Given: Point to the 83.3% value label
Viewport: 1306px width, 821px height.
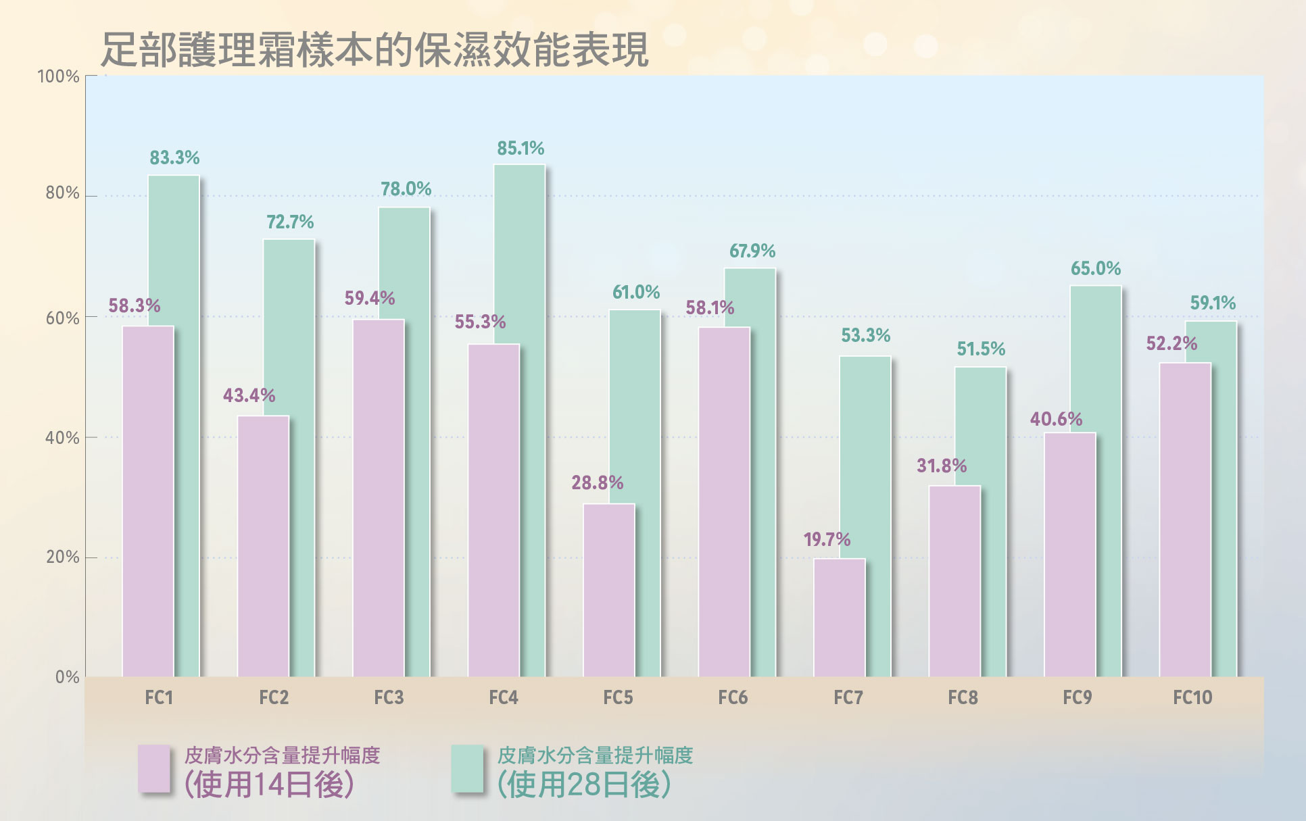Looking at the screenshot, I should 174,158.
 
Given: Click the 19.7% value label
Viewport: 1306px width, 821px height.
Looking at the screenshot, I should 826,539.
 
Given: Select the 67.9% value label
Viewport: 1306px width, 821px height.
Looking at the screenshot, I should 752,251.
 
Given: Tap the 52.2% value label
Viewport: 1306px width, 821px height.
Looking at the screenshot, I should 1171,344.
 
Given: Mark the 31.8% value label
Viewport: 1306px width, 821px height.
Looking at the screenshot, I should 941,466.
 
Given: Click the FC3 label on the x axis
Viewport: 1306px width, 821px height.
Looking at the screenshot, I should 389,697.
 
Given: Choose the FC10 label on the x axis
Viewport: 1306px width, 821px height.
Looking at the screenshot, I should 1192,697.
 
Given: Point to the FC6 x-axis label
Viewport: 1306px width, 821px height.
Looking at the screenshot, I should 733,697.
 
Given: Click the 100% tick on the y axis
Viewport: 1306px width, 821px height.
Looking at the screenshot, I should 58,76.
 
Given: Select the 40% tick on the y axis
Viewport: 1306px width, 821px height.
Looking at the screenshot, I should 62,438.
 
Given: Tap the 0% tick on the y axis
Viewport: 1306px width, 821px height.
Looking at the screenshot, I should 67,677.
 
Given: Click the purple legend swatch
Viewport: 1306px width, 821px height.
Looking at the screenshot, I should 154,768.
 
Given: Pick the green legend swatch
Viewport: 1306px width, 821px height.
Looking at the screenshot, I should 467,768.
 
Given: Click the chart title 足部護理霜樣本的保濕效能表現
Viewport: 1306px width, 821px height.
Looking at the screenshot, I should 374,50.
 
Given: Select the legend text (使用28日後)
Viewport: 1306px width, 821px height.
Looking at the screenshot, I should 584,785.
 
